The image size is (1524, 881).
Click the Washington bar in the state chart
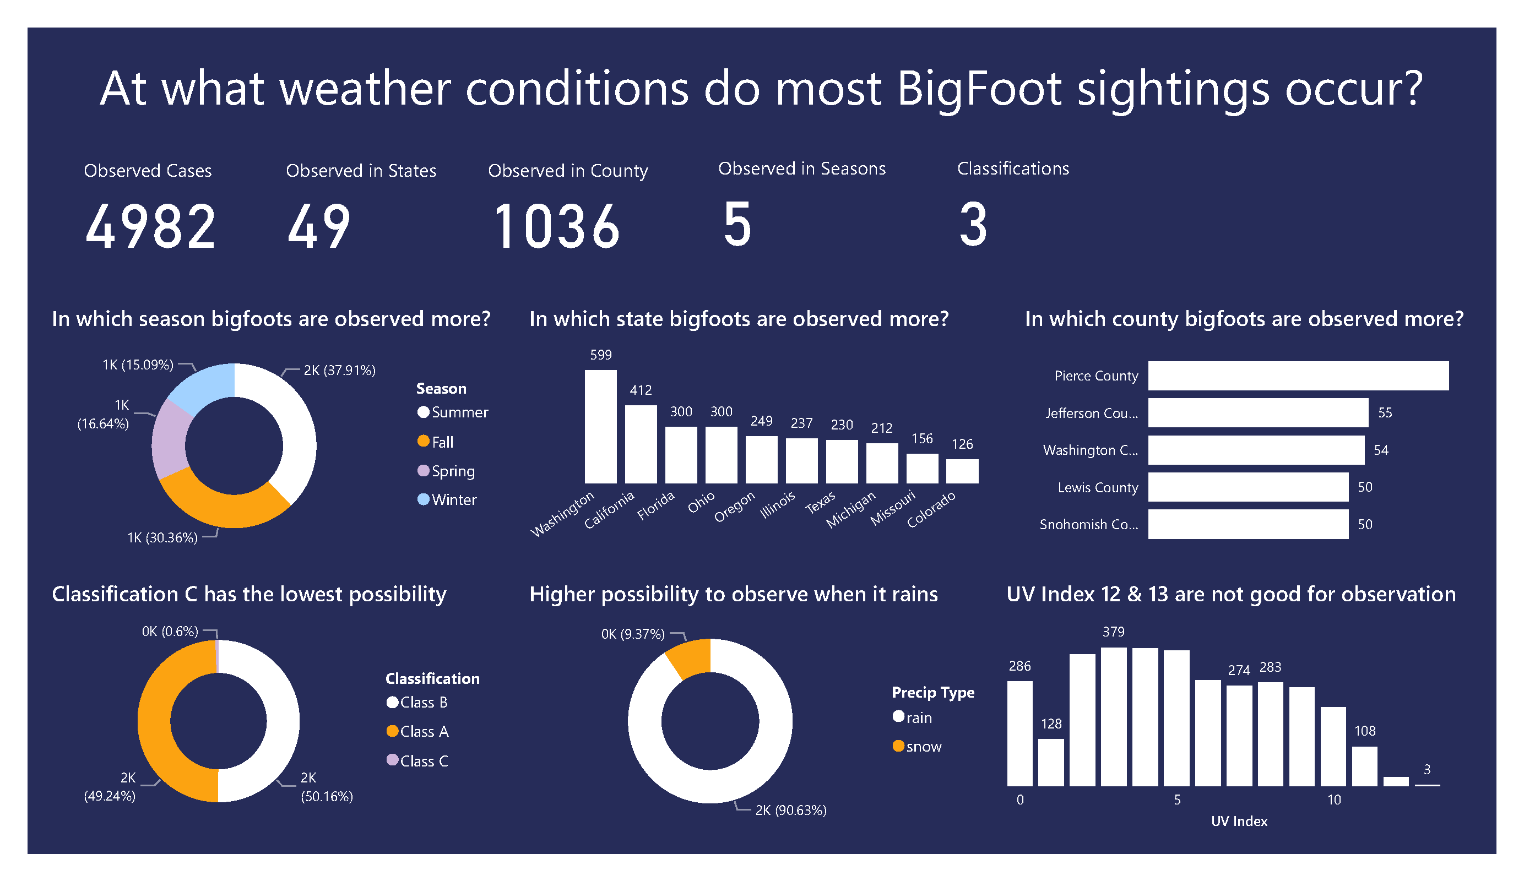coord(600,426)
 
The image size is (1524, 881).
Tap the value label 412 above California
coord(641,390)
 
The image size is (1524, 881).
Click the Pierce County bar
coord(1298,376)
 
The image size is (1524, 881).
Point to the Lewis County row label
coord(1098,487)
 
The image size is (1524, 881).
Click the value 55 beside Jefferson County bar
coord(1384,412)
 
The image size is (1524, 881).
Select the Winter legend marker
coord(424,499)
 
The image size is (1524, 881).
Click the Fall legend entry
coord(442,442)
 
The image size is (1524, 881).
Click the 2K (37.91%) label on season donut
coord(339,370)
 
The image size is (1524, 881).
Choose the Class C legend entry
coord(424,760)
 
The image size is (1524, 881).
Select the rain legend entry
coord(918,718)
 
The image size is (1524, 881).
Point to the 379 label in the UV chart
coord(1113,632)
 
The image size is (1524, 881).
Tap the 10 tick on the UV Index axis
coord(1333,800)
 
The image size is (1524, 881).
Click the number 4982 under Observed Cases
coord(150,227)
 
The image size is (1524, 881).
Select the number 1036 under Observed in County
coord(556,227)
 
